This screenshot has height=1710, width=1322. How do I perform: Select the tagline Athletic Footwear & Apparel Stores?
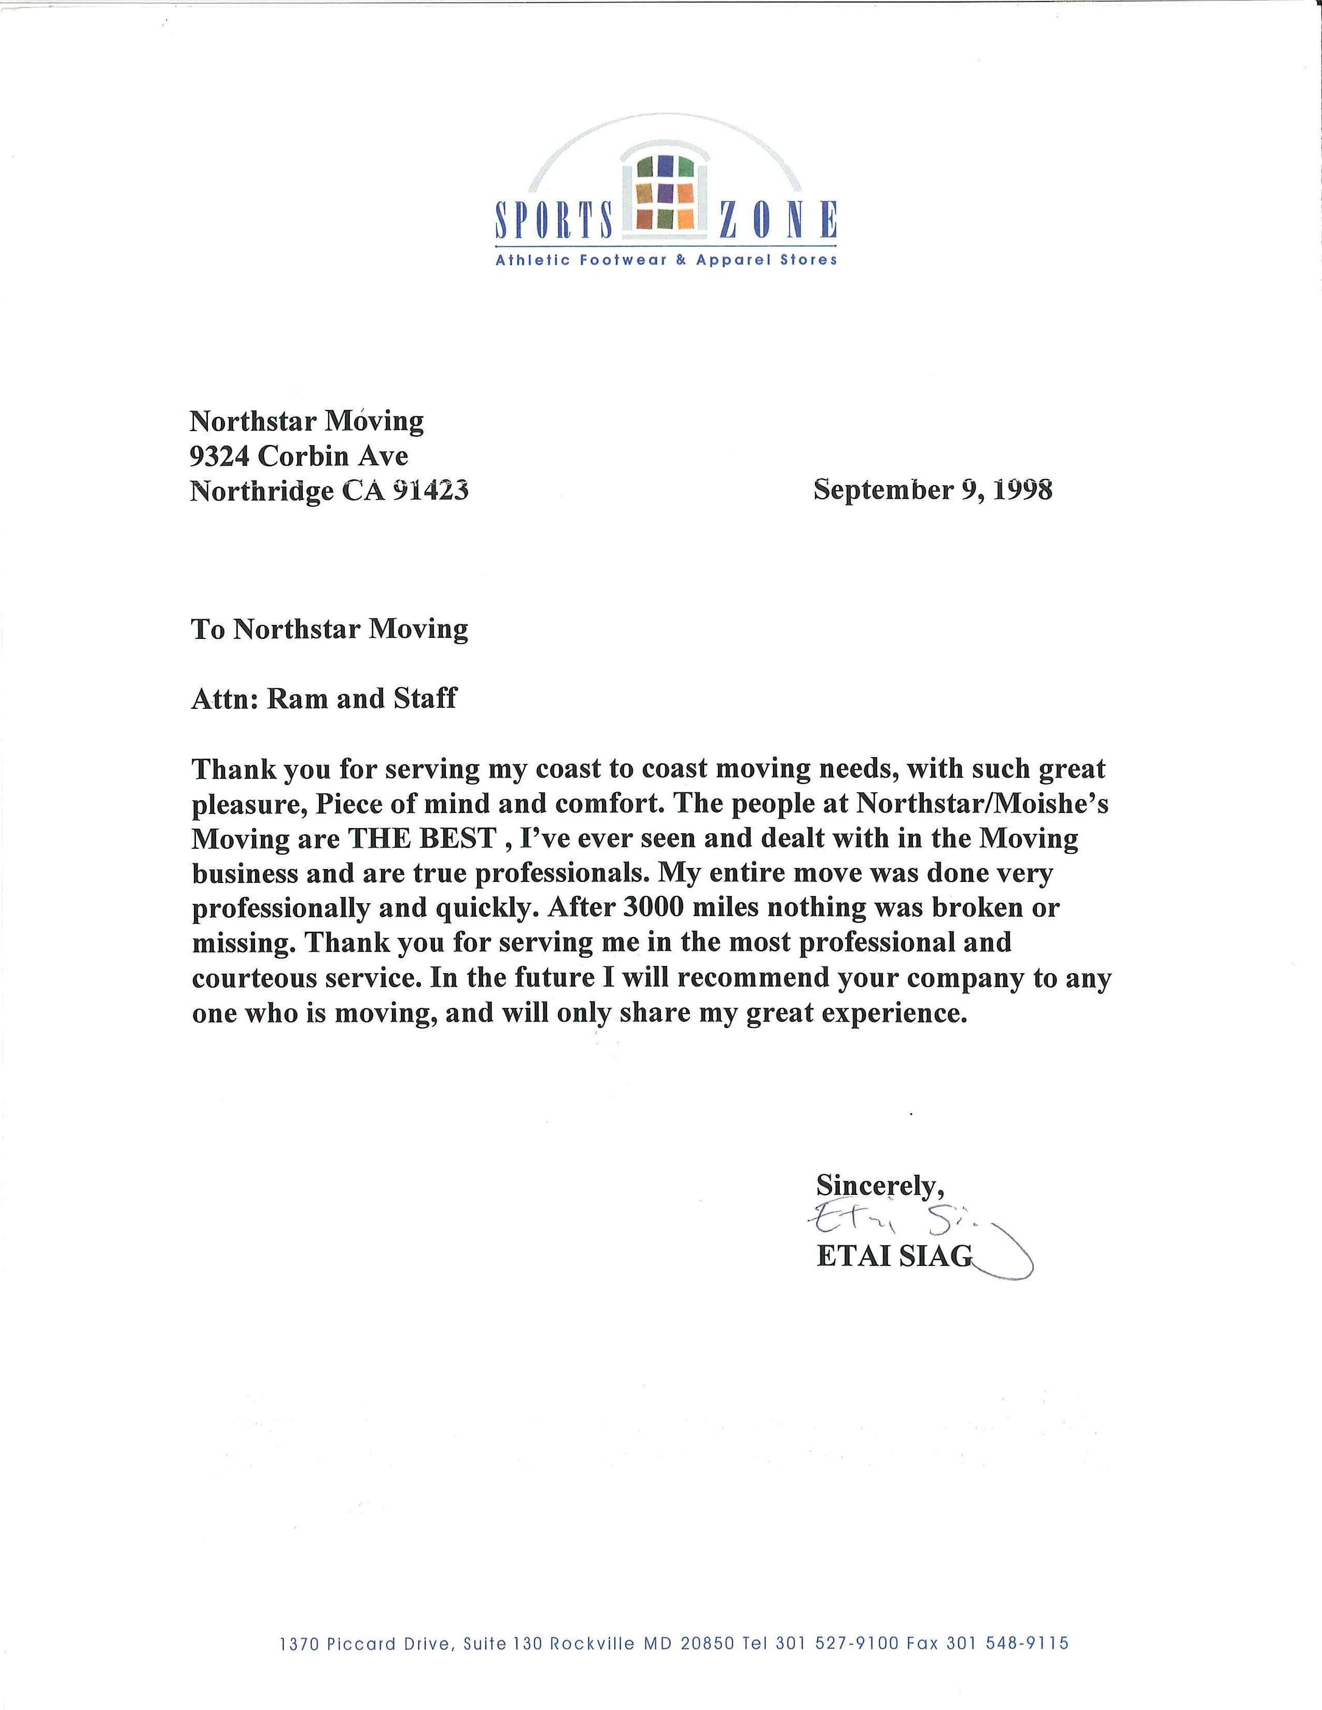[x=666, y=260]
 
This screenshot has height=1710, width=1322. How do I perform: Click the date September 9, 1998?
[x=933, y=490]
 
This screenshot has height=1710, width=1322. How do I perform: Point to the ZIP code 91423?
[x=429, y=491]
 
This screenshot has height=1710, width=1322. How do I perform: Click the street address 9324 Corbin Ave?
[x=299, y=455]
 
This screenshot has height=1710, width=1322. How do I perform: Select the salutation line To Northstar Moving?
[x=329, y=630]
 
